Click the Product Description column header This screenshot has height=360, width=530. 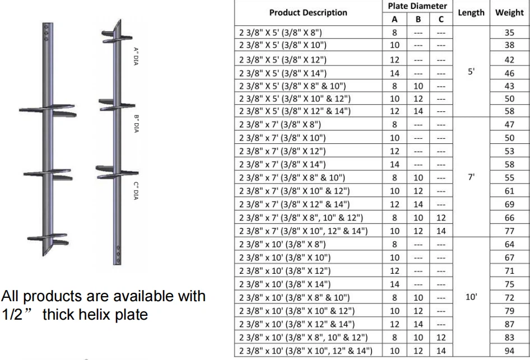(x=308, y=13)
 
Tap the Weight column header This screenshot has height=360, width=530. (x=509, y=13)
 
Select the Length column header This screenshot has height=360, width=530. (x=471, y=13)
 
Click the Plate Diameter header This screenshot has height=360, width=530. (x=417, y=6)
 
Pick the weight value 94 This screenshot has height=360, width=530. (x=509, y=351)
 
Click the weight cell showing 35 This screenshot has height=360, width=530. (x=509, y=33)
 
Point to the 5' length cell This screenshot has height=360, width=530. (x=471, y=72)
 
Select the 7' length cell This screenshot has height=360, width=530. (x=471, y=177)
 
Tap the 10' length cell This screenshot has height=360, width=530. (x=471, y=297)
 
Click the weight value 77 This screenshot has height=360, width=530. (x=509, y=231)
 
